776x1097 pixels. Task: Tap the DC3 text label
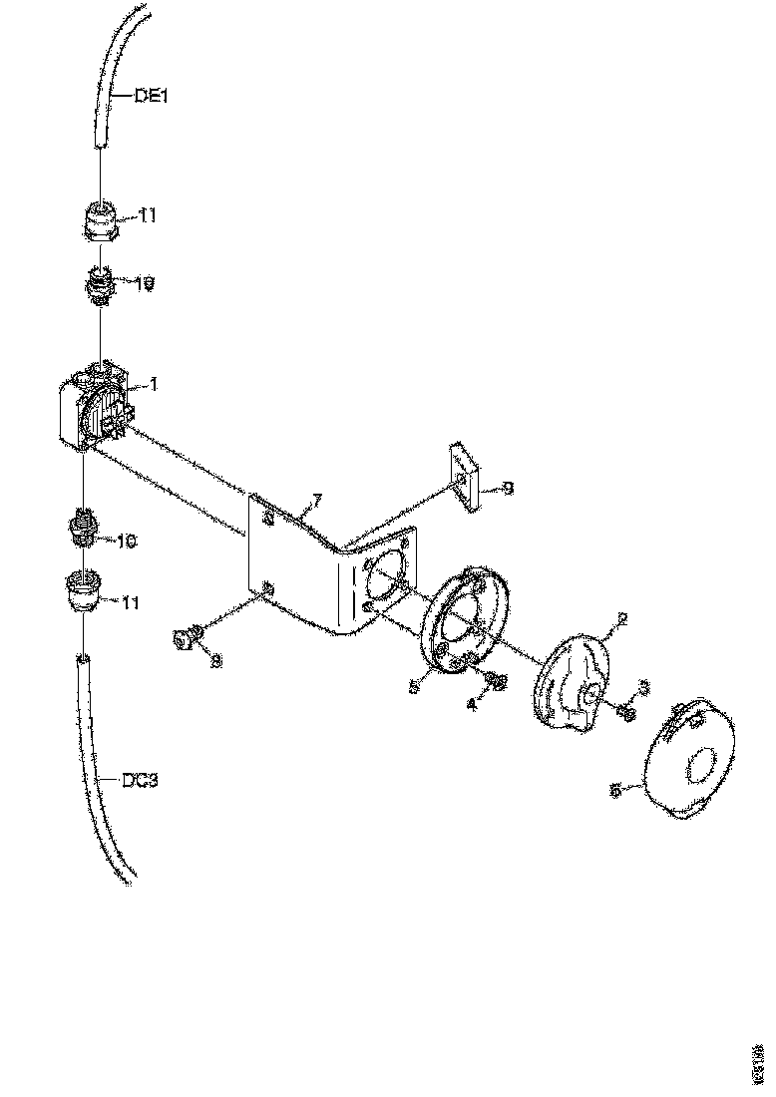click(x=139, y=781)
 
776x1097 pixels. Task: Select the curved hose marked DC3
click(x=95, y=768)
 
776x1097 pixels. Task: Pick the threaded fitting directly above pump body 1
click(x=100, y=285)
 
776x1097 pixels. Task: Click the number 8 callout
click(x=215, y=659)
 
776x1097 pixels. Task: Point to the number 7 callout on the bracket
click(x=317, y=497)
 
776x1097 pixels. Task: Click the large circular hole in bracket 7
click(x=386, y=572)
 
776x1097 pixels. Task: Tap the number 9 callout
click(x=508, y=489)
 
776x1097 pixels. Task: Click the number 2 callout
click(x=621, y=619)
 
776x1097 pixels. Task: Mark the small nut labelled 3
click(x=626, y=711)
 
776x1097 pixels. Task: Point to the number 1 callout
click(x=153, y=382)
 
